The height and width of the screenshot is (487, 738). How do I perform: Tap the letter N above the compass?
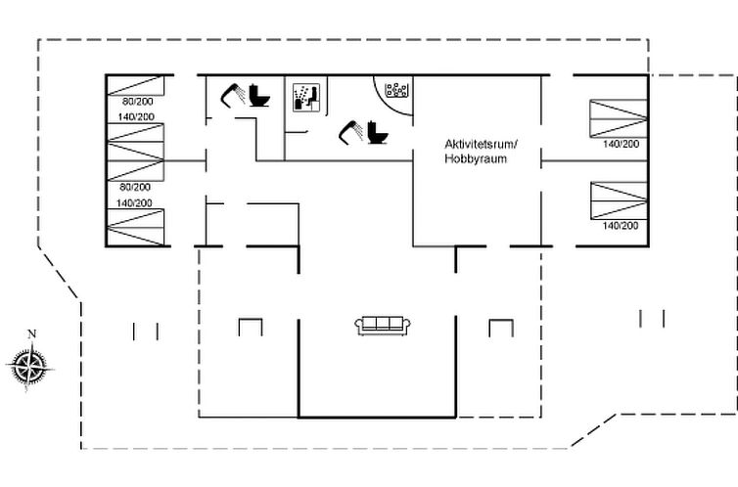[x=32, y=334]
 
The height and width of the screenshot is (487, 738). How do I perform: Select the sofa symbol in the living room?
[x=383, y=326]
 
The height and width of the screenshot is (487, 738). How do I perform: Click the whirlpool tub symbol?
[x=396, y=90]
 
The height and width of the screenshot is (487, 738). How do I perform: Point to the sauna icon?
[x=306, y=98]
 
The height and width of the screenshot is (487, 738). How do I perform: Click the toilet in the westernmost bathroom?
[x=259, y=96]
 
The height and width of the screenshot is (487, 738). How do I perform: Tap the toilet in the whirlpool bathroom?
[x=378, y=133]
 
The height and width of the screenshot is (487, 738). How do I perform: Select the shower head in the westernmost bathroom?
[x=233, y=96]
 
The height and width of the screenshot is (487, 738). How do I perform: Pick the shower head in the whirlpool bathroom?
[x=351, y=133]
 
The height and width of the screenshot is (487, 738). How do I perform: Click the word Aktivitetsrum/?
[x=481, y=144]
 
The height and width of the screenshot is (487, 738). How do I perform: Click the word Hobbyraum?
[x=476, y=158]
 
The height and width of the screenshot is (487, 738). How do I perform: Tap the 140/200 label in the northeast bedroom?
[x=621, y=144]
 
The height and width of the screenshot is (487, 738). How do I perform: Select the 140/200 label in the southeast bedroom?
[x=621, y=226]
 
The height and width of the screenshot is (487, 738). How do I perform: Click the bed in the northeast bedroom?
[x=619, y=118]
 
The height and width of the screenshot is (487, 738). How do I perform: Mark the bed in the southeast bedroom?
[x=619, y=200]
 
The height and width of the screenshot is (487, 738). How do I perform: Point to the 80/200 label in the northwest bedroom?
[x=137, y=101]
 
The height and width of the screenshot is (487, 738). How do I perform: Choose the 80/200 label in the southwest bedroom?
[x=135, y=187]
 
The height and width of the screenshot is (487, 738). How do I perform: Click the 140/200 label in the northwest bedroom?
[x=136, y=116]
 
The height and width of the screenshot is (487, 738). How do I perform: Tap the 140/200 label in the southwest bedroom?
[x=134, y=203]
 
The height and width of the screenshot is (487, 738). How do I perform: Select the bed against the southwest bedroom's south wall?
[x=135, y=228]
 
